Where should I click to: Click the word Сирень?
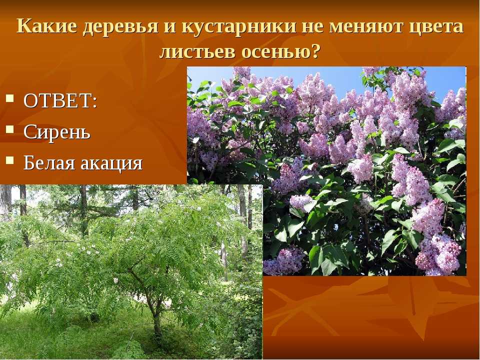coord(57,132)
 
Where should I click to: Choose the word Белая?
coord(49,163)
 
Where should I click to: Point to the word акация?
coord(111,164)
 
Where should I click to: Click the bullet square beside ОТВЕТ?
coord(10,98)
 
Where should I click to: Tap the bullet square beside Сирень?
coord(10,129)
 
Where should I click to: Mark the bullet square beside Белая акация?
coord(10,160)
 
